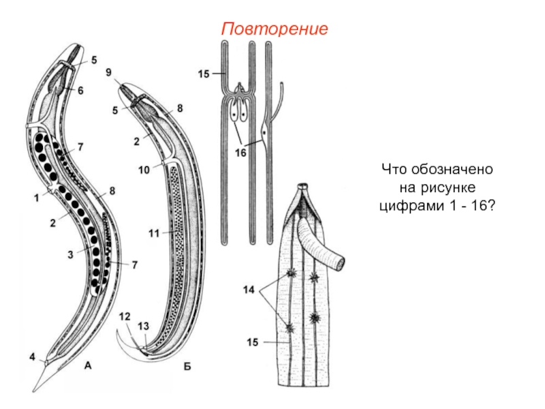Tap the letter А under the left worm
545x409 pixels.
[88, 366]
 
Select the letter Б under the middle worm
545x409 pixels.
[187, 367]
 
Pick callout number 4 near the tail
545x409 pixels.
[31, 357]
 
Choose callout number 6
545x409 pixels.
[80, 90]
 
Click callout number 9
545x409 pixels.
[109, 71]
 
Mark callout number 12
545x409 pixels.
[123, 316]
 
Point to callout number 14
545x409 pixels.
[249, 290]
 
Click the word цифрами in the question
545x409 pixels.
[409, 204]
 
